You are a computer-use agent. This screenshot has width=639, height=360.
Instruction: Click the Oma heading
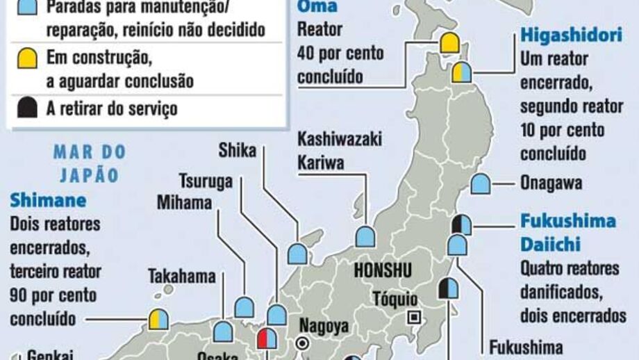(317, 8)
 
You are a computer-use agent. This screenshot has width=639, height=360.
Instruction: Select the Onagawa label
(551, 184)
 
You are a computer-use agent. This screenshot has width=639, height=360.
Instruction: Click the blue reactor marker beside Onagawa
(481, 184)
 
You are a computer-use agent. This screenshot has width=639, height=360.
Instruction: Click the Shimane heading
(48, 202)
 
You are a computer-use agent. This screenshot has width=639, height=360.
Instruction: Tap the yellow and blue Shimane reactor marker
(159, 319)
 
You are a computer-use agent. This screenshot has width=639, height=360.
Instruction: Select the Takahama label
(181, 277)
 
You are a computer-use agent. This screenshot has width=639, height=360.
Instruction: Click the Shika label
(238, 149)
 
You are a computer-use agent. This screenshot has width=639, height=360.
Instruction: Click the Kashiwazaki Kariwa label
(340, 149)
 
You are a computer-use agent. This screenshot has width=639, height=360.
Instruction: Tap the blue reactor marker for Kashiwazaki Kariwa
(365, 237)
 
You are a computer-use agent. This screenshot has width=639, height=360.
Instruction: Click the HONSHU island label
(382, 270)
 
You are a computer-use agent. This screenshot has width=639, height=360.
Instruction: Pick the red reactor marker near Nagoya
(267, 338)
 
